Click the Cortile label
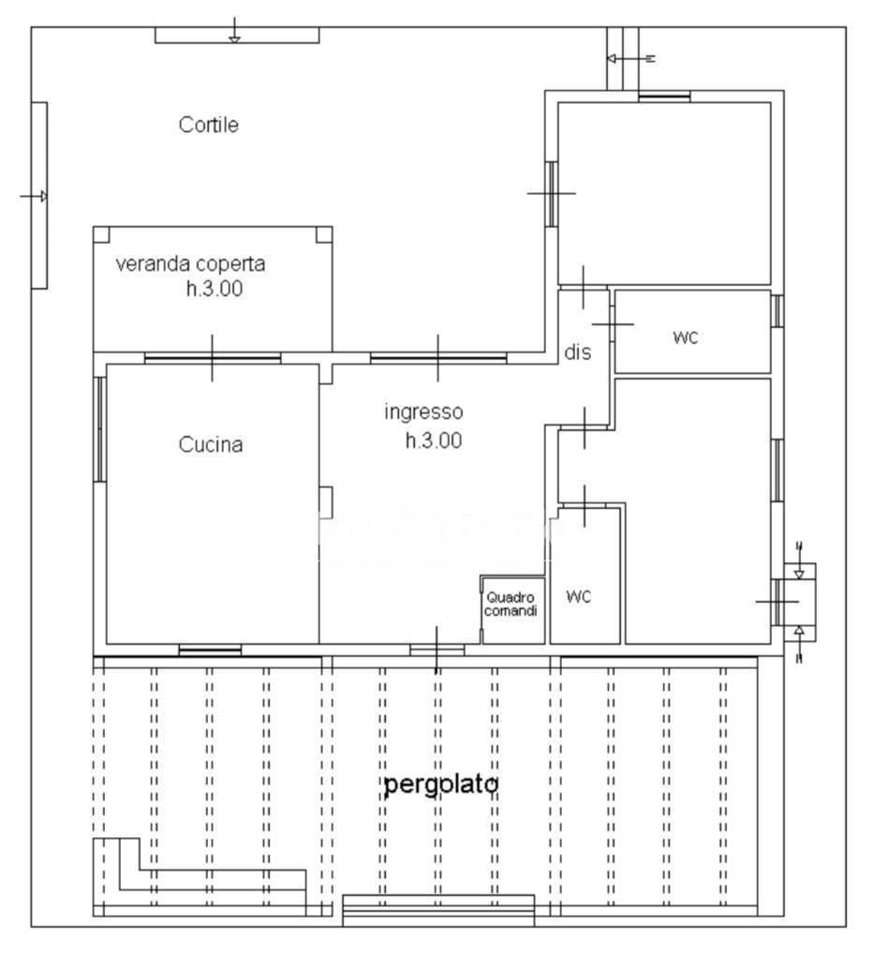click(208, 125)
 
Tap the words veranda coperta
click(190, 264)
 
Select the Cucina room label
click(210, 445)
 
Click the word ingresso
click(423, 411)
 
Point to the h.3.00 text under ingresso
click(433, 441)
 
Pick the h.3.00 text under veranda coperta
click(214, 290)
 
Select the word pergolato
click(439, 785)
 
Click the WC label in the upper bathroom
click(686, 337)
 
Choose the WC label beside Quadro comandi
click(579, 597)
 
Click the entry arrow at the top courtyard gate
click(235, 32)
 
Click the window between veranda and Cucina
click(213, 357)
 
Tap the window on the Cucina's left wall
click(98, 428)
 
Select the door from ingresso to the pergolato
click(436, 649)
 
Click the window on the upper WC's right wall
click(777, 311)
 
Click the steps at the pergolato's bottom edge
click(438, 909)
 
